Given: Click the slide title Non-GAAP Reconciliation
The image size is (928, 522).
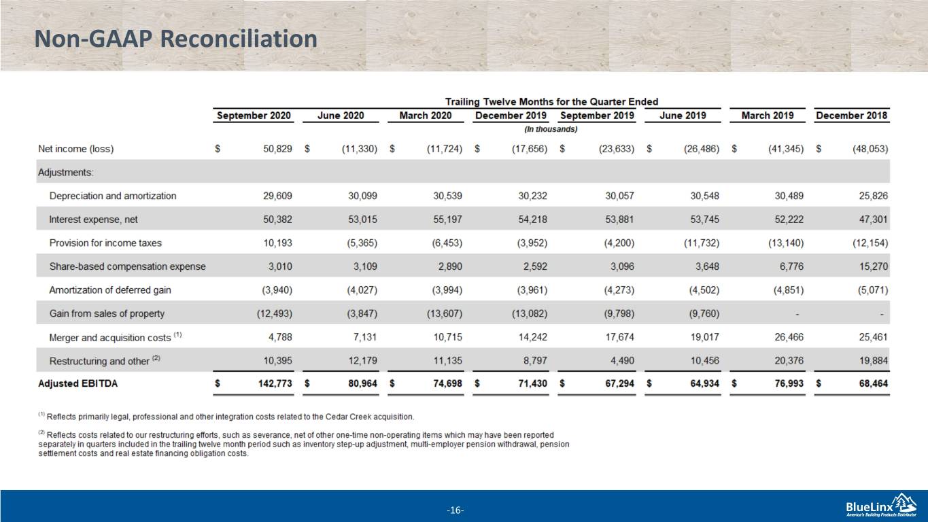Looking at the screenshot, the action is pyautogui.click(x=175, y=39).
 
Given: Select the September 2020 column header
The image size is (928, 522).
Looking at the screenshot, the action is pyautogui.click(x=254, y=115).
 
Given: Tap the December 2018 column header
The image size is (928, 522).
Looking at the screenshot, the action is pyautogui.click(x=851, y=115).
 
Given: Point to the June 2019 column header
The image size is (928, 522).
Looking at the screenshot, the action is pyautogui.click(x=683, y=115).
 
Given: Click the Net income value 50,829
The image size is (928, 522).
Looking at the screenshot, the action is pyautogui.click(x=277, y=149).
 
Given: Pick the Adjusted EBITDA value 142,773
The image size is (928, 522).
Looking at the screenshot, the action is pyautogui.click(x=275, y=383).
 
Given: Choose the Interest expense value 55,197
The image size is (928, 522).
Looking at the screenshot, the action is pyautogui.click(x=447, y=220).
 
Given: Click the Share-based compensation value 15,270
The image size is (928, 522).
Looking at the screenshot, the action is pyautogui.click(x=874, y=266).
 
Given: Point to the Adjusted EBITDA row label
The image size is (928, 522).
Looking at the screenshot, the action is pyautogui.click(x=78, y=383).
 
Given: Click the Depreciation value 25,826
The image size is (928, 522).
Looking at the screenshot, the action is pyautogui.click(x=874, y=196).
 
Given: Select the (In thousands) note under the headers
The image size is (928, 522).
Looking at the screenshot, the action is pyautogui.click(x=551, y=129).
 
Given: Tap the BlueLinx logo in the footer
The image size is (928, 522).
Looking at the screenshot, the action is pyautogui.click(x=881, y=506).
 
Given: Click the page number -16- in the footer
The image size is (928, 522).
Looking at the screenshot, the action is pyautogui.click(x=456, y=510).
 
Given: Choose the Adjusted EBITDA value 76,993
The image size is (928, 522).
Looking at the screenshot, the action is pyautogui.click(x=789, y=383).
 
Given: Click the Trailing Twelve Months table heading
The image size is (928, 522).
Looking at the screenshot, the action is pyautogui.click(x=551, y=101).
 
